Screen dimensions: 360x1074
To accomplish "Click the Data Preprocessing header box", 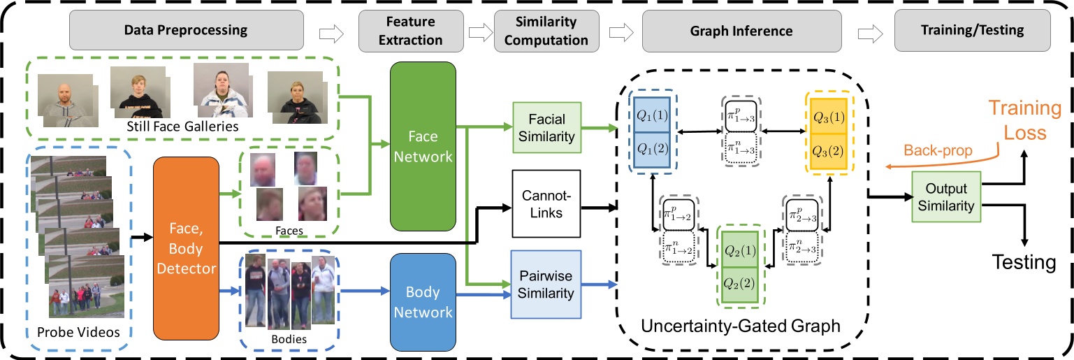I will (185, 31).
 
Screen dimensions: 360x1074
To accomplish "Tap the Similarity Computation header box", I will (546, 31).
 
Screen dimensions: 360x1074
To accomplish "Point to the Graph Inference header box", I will (741, 31).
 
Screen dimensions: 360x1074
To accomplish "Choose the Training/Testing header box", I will (972, 31).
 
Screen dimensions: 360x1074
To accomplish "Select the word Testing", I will (1024, 263).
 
